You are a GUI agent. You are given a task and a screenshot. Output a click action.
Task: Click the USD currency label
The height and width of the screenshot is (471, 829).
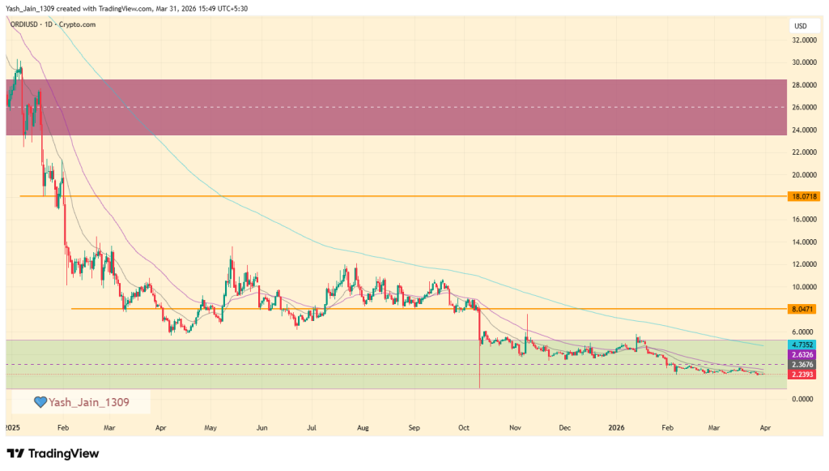coord(801,26)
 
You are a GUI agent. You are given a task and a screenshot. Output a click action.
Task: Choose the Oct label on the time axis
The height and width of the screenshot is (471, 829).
coord(463,426)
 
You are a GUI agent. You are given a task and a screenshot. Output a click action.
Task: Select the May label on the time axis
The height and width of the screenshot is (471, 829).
coord(211,426)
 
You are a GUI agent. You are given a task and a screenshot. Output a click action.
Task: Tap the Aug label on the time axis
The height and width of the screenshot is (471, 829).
coord(363,426)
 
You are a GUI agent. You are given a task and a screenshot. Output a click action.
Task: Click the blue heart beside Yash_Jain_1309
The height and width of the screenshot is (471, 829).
coord(40,402)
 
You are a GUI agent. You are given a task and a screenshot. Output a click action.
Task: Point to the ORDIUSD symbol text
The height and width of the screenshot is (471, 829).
coord(27,24)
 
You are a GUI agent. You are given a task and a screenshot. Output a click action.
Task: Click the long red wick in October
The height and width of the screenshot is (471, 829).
coord(480,361)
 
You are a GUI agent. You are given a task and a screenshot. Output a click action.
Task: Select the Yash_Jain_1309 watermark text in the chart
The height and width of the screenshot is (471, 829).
coord(88,402)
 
